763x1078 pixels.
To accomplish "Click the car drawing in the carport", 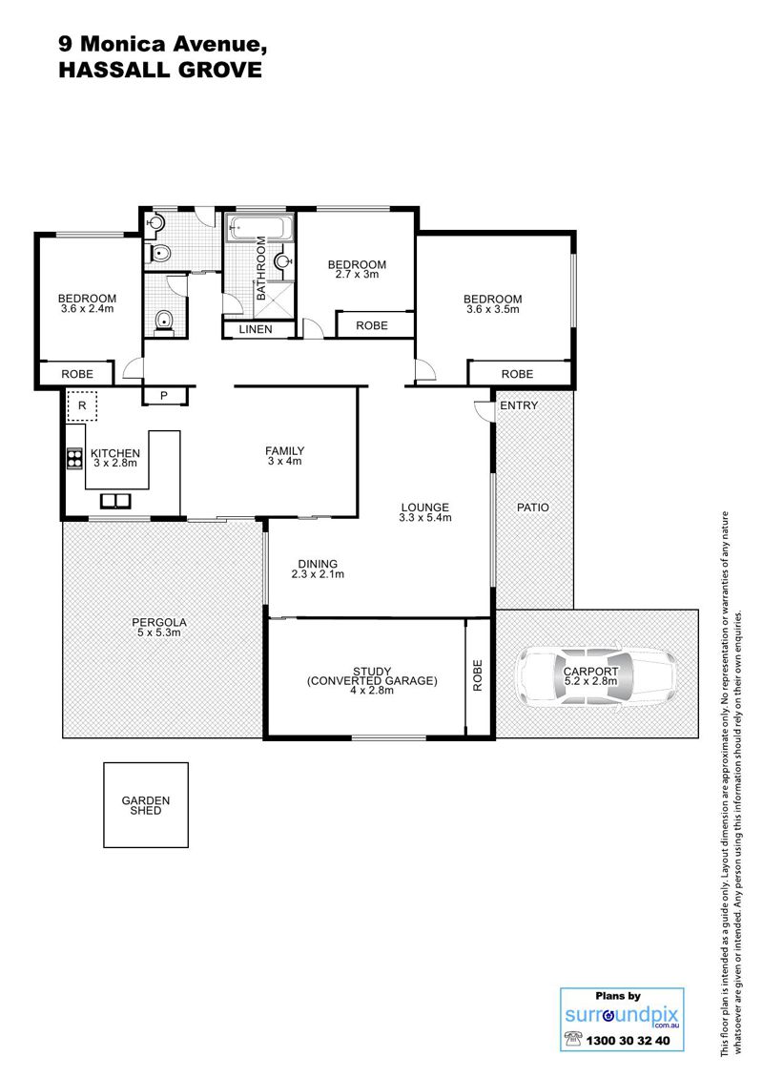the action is (595, 677).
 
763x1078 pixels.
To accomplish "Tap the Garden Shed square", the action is (146, 805).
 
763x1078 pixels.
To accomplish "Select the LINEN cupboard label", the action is (256, 329).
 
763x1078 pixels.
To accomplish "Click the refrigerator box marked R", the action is (82, 405).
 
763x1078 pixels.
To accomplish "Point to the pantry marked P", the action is (164, 396).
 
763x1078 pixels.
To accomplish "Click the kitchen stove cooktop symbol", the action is (74, 459).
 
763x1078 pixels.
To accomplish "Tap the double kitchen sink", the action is (114, 500).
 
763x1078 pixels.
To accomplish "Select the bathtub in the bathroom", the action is (259, 226).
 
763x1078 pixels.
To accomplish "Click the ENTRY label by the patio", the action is (519, 405).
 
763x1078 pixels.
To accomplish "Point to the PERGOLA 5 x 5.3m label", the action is (158, 627).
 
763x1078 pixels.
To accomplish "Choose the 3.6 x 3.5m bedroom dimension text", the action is (493, 309).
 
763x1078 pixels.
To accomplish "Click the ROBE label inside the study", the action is (478, 675).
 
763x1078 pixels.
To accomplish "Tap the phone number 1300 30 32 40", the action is (628, 1040).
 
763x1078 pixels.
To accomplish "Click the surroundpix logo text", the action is (622, 1015).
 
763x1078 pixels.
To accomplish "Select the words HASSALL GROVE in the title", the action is (160, 71).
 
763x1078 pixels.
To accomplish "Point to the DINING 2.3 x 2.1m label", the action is (318, 569).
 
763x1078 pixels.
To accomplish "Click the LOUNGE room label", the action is (424, 508).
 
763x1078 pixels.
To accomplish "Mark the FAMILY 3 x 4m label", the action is (284, 456).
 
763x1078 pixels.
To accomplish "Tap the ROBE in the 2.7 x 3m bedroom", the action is (372, 326).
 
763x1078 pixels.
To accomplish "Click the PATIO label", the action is (533, 508).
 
